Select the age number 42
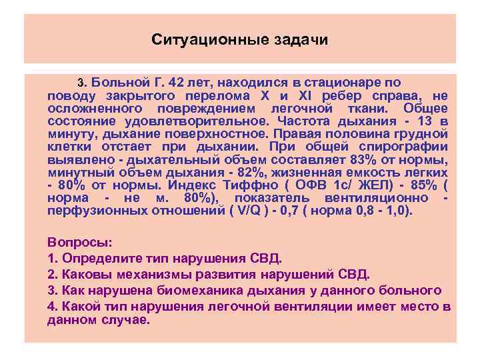(179, 83)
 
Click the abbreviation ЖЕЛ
(363, 185)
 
